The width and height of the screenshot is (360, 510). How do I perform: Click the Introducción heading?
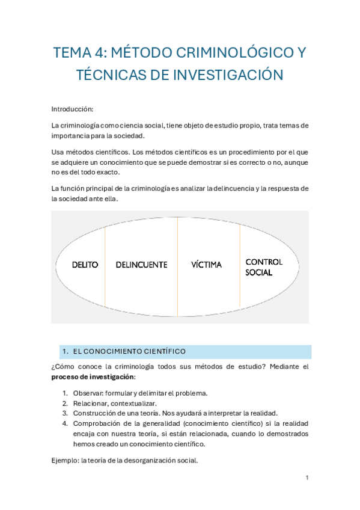click(73, 109)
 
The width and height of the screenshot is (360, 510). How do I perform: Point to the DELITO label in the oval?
click(85, 265)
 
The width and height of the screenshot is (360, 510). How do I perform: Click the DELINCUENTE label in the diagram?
click(141, 265)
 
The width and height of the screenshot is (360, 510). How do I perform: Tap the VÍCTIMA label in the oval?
click(207, 265)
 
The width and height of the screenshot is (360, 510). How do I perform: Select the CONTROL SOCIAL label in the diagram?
click(264, 267)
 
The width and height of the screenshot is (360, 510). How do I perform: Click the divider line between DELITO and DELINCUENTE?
click(105, 265)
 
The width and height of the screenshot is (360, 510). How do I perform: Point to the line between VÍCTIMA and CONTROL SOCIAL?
click(240, 265)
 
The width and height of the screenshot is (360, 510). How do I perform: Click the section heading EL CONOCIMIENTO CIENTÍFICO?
click(129, 351)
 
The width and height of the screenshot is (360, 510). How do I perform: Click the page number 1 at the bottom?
click(307, 478)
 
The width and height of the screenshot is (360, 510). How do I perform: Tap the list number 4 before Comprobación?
click(66, 423)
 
